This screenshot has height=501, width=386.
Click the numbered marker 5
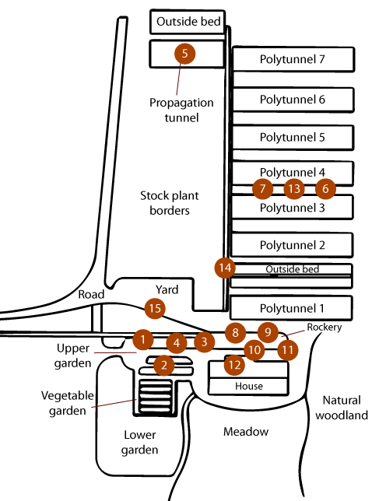click(x=184, y=54)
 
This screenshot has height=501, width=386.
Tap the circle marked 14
click(x=225, y=268)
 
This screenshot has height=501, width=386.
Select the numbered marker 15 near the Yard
click(x=155, y=308)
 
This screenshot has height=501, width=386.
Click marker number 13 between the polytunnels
click(x=294, y=188)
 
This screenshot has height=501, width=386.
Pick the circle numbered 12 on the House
click(x=234, y=365)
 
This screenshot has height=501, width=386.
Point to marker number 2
click(x=164, y=365)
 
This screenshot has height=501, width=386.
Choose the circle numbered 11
click(x=288, y=350)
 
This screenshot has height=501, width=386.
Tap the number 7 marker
click(x=262, y=188)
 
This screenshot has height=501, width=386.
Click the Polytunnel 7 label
click(x=293, y=59)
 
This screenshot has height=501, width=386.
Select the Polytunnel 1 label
click(x=292, y=309)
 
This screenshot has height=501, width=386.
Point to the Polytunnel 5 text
click(x=293, y=138)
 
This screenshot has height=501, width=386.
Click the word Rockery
click(x=325, y=328)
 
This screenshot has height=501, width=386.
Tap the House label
click(x=249, y=386)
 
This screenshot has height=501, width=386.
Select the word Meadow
click(x=246, y=432)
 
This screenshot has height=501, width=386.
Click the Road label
click(x=91, y=294)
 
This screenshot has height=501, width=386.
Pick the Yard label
click(x=167, y=290)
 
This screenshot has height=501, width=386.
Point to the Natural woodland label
click(x=342, y=408)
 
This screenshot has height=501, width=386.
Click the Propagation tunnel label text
click(x=181, y=110)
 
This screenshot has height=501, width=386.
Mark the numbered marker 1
click(x=143, y=339)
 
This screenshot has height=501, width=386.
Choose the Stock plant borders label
click(x=170, y=203)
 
